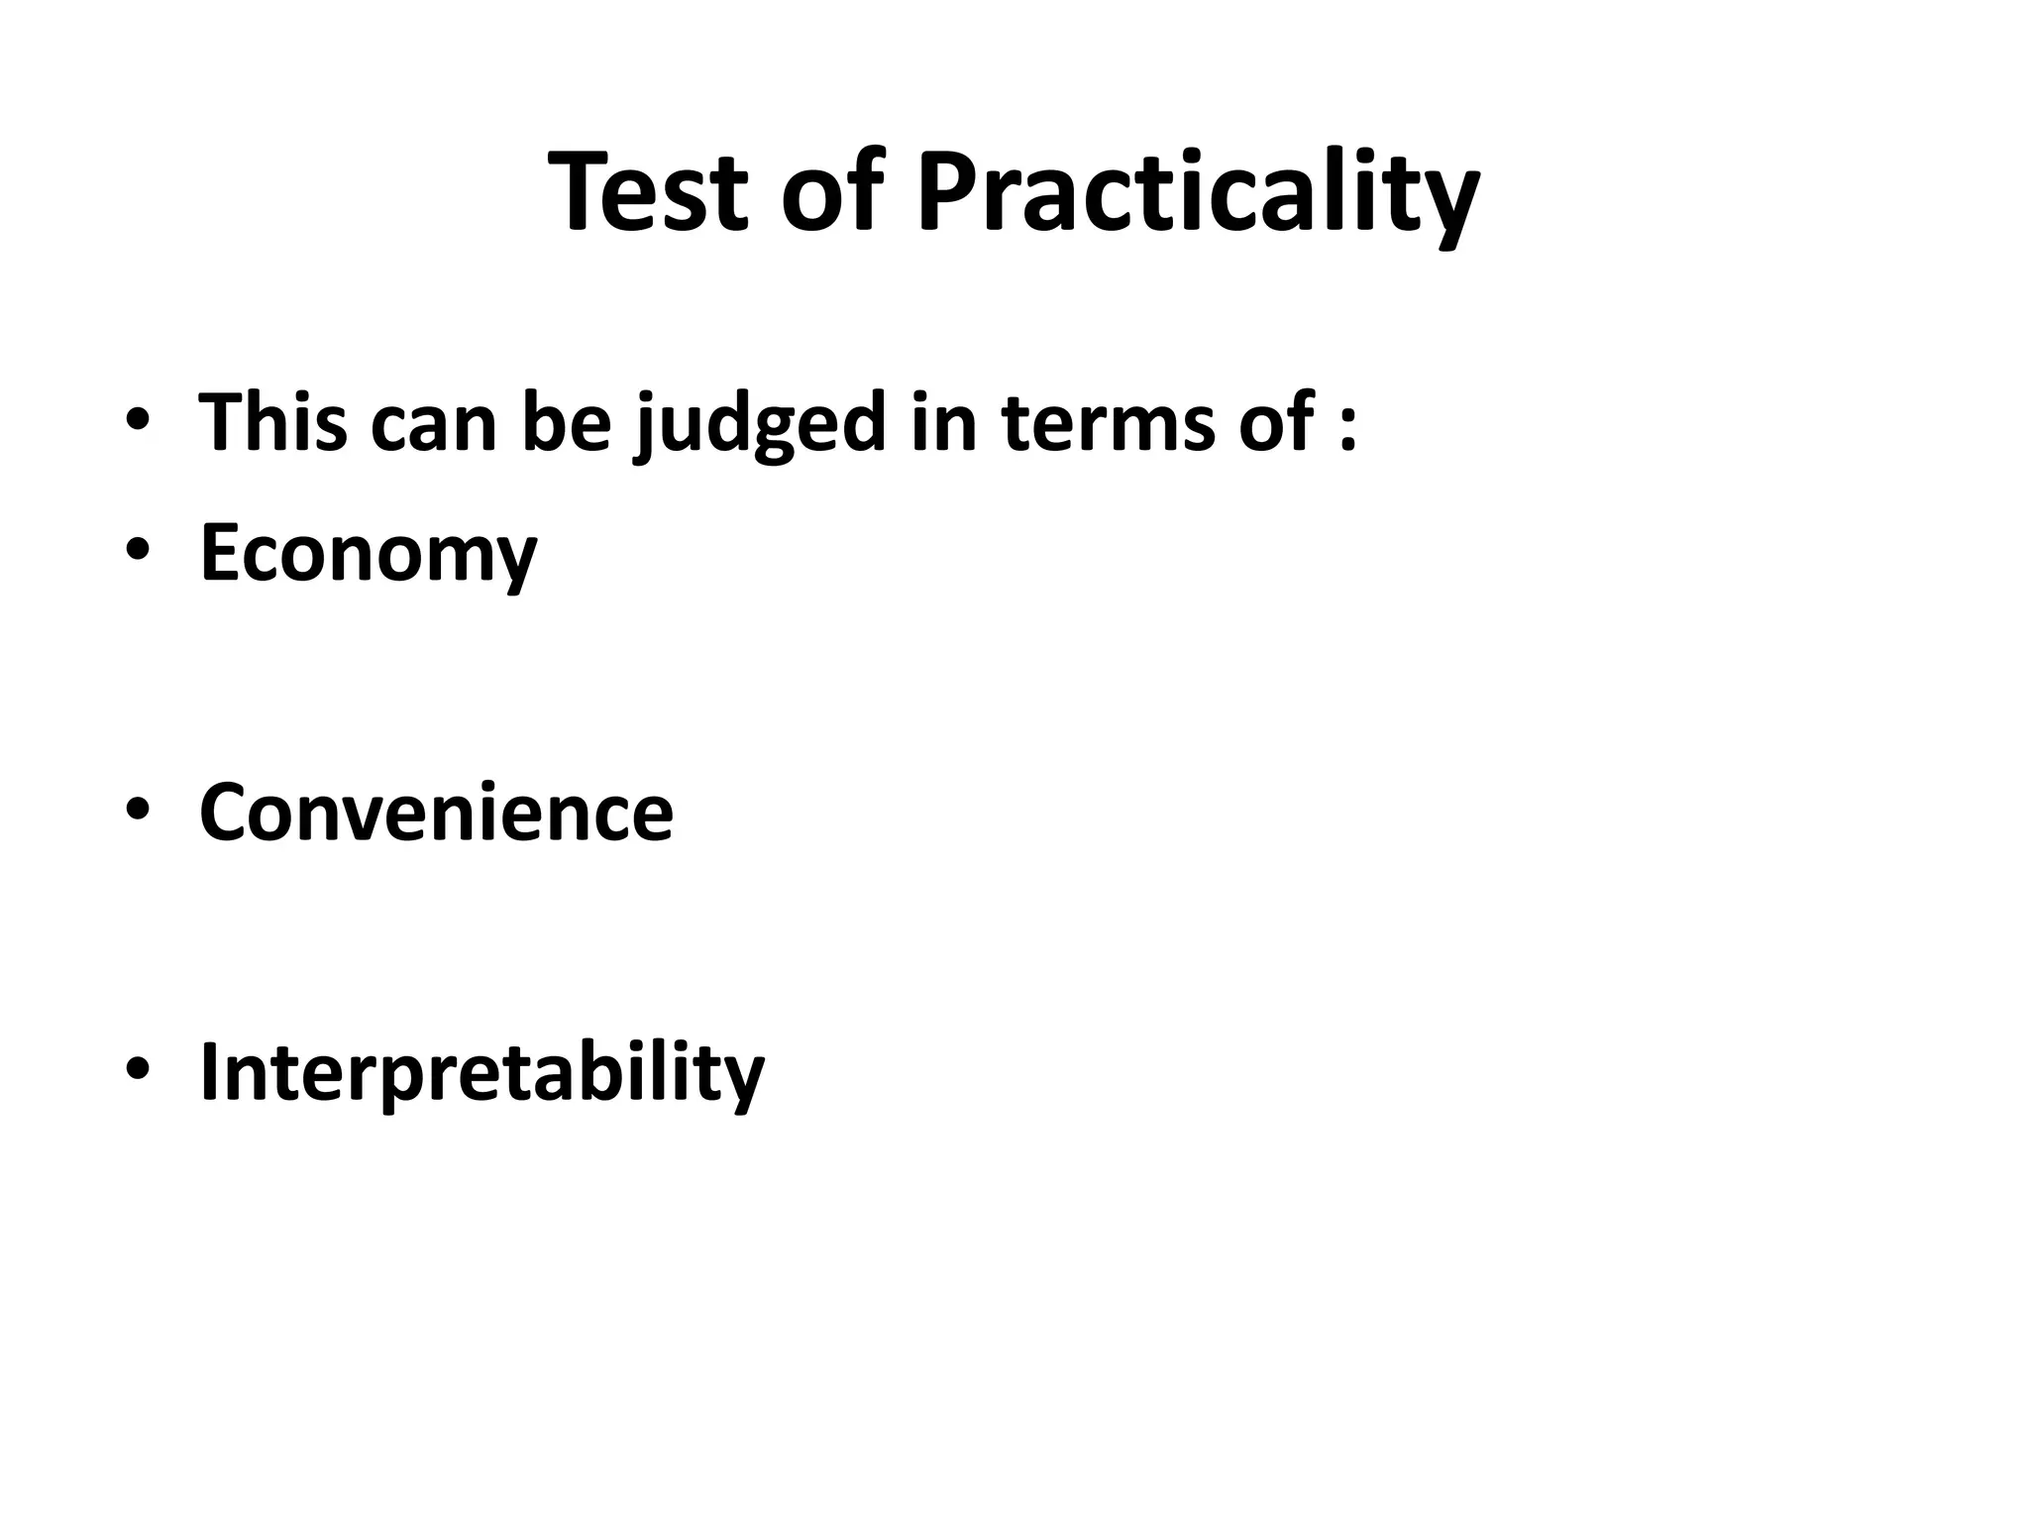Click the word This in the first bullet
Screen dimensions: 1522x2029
pyautogui.click(x=272, y=422)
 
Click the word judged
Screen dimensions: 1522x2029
pyautogui.click(x=760, y=426)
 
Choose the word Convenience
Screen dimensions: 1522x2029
pyautogui.click(x=436, y=813)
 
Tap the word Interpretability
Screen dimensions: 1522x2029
pyautogui.click(x=481, y=1073)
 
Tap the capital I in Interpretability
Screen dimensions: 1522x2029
pyautogui.click(x=208, y=1070)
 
